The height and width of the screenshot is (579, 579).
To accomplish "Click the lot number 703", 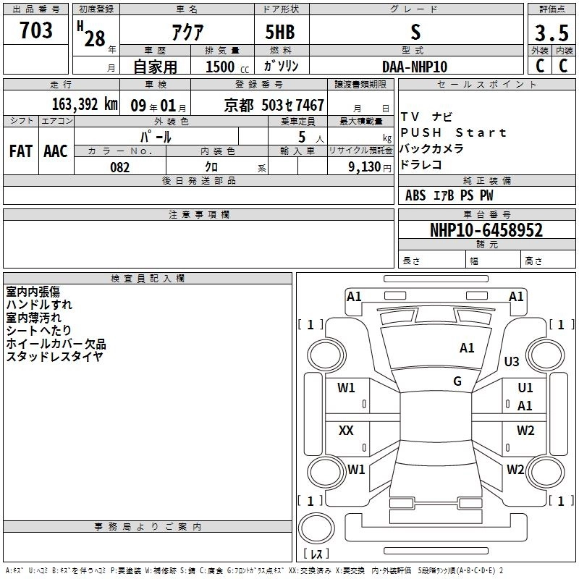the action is pyautogui.click(x=36, y=30).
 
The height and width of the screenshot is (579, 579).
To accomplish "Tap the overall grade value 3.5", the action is pyautogui.click(x=550, y=33).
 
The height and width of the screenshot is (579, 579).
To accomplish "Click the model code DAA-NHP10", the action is pyautogui.click(x=415, y=67).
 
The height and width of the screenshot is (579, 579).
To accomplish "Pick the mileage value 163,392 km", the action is pyautogui.click(x=85, y=104).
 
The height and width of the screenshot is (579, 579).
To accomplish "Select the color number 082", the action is pyautogui.click(x=119, y=167).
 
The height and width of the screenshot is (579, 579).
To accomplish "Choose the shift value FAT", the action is pyautogui.click(x=20, y=151).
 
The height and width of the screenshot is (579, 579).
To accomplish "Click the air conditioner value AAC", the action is pyautogui.click(x=56, y=151).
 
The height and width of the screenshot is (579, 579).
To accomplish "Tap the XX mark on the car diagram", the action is pyautogui.click(x=347, y=431).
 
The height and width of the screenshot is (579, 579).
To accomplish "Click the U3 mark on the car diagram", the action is pyautogui.click(x=512, y=361).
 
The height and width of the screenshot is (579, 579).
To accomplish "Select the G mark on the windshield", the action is pyautogui.click(x=457, y=381).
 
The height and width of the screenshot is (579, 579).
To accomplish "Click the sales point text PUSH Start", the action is pyautogui.click(x=453, y=132).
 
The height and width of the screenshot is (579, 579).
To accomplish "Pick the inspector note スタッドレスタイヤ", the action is pyautogui.click(x=54, y=357).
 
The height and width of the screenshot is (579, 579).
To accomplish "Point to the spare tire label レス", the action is pyautogui.click(x=316, y=554).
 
